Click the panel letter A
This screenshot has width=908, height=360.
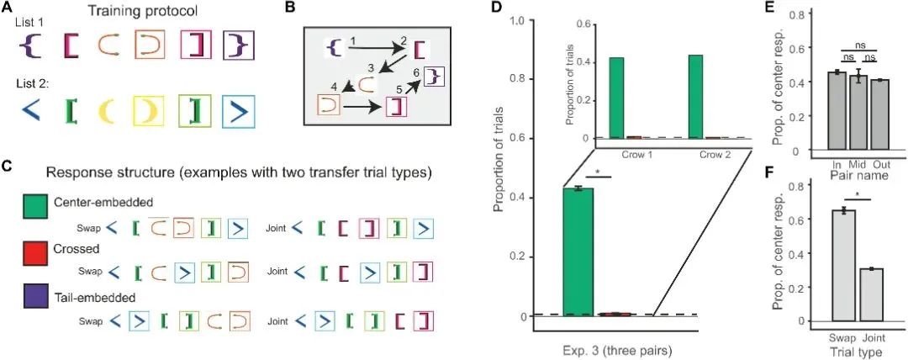click(7, 10)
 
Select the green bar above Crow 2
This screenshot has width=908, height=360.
click(694, 96)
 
